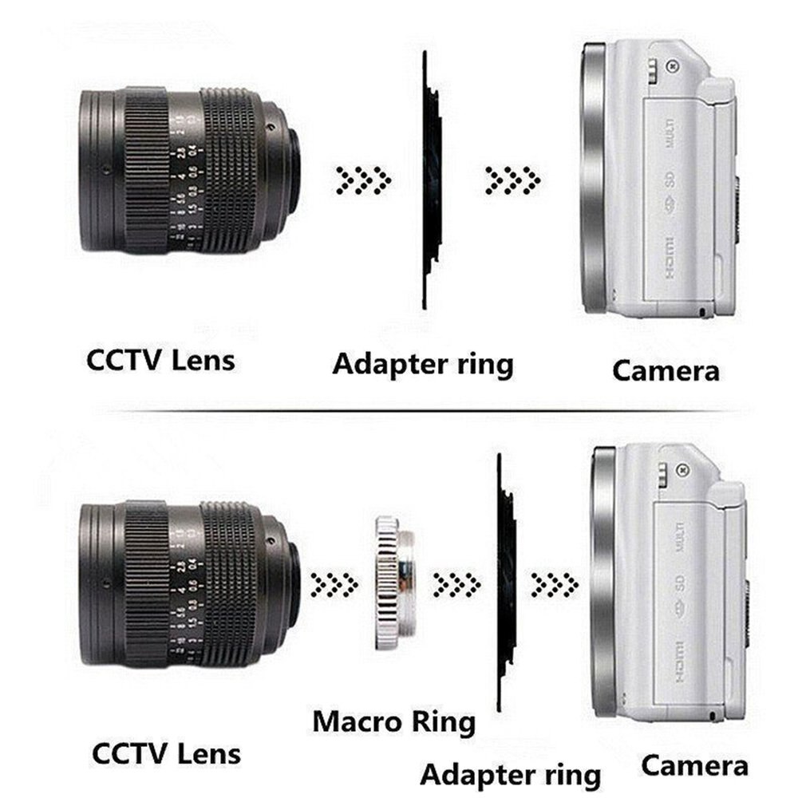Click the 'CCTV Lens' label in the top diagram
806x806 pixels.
(160, 360)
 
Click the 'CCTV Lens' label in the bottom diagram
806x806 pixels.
(166, 753)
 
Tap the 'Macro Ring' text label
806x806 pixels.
(393, 721)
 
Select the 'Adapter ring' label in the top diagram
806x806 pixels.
(422, 365)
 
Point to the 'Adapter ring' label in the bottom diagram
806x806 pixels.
(510, 774)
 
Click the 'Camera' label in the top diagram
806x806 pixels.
(666, 370)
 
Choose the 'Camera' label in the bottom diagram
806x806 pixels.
(694, 766)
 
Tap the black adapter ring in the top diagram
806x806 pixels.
(430, 180)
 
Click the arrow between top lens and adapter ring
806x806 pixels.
(362, 180)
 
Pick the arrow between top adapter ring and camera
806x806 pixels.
(512, 180)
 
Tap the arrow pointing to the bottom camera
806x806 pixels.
(554, 584)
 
